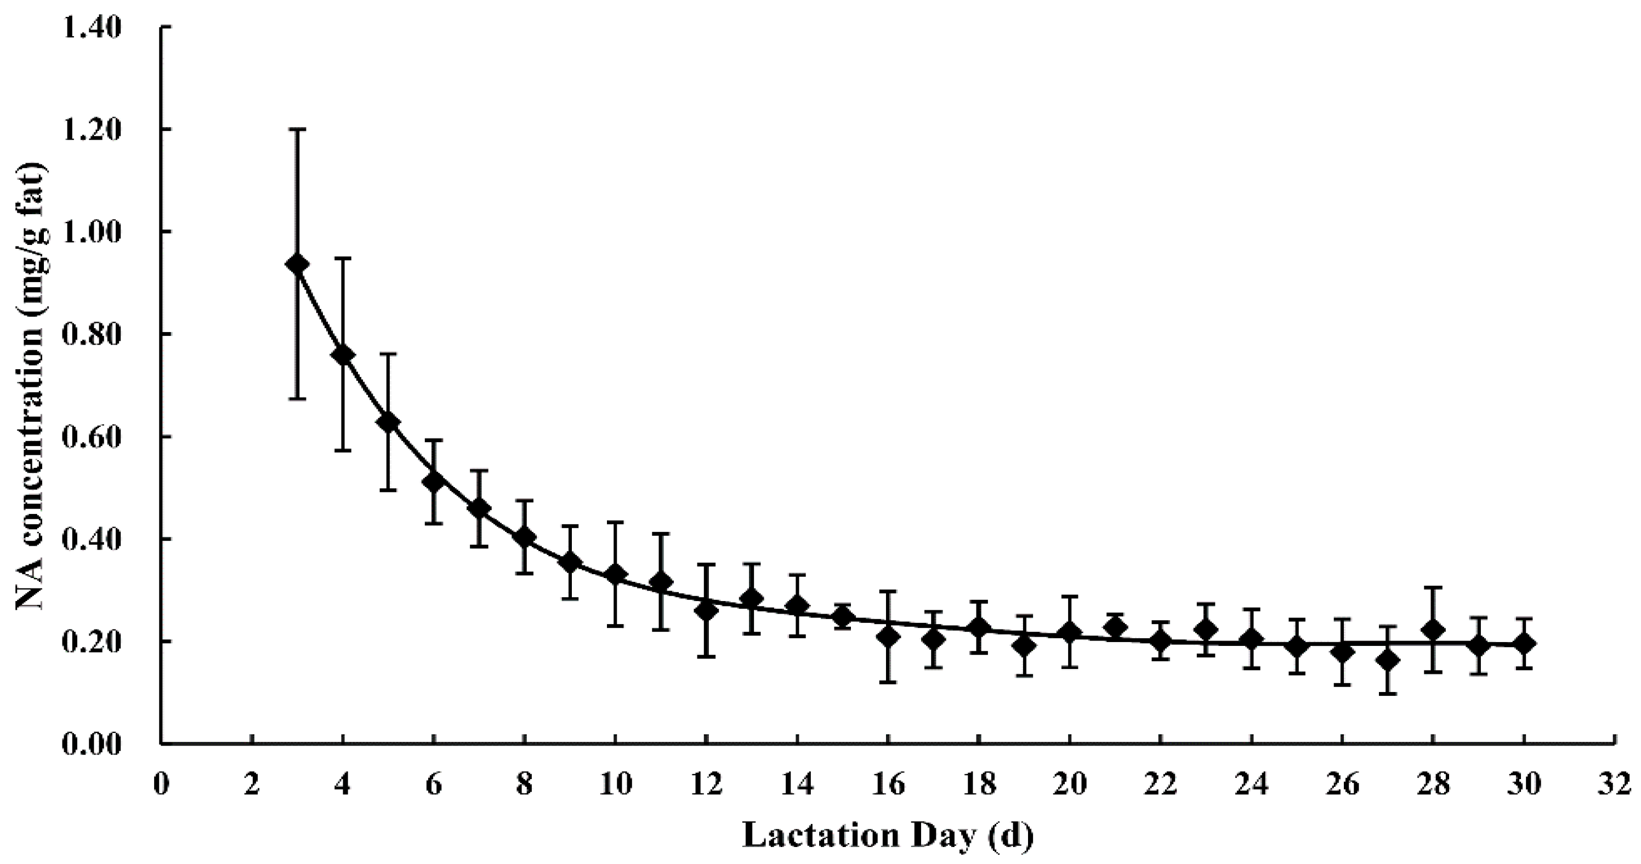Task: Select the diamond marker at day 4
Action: click(343, 354)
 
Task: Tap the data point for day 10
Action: click(615, 574)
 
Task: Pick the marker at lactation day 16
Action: click(888, 636)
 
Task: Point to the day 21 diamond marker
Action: click(1115, 627)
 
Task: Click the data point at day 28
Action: click(1433, 630)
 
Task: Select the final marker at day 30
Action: click(1524, 644)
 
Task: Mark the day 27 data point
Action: click(1388, 660)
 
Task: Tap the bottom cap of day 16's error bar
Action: click(888, 683)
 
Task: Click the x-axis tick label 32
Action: click(1614, 784)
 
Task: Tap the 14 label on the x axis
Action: click(797, 784)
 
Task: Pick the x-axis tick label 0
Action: click(162, 784)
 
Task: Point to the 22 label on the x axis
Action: click(1160, 784)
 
